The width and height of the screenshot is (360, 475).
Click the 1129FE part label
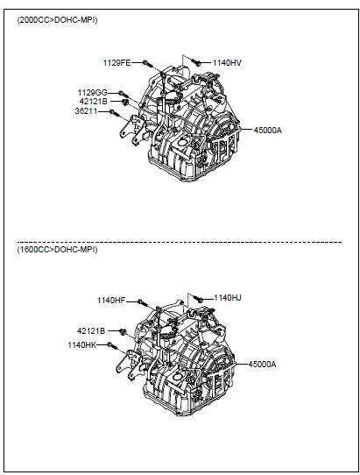click(116, 63)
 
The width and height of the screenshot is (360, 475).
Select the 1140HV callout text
click(227, 63)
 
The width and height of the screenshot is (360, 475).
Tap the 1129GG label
click(92, 93)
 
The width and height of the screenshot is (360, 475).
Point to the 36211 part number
click(87, 111)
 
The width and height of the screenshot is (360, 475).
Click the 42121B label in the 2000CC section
click(93, 102)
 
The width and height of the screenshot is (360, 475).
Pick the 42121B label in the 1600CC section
click(91, 331)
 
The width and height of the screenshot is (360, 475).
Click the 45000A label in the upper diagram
click(268, 131)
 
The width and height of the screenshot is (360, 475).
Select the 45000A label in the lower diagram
click(262, 364)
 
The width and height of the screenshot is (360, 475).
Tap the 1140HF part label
click(111, 301)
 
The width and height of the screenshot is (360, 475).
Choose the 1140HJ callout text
click(228, 298)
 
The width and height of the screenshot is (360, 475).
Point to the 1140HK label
click(82, 345)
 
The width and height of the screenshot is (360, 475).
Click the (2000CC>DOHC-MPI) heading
click(57, 20)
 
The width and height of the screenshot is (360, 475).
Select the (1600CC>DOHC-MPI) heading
click(57, 250)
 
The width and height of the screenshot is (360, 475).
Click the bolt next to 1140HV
click(196, 62)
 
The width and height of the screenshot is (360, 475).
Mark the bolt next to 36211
click(115, 113)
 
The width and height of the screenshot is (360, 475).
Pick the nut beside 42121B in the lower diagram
click(123, 332)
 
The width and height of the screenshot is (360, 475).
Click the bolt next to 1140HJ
click(198, 299)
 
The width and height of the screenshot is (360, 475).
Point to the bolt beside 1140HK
click(112, 345)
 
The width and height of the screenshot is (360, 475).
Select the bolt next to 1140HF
click(142, 302)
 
